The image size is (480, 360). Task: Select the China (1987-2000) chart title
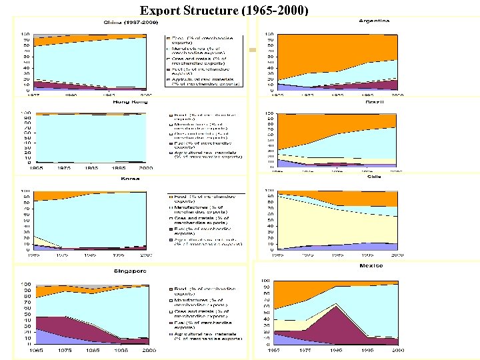click(131, 22)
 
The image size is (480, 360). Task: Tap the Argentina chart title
click(374, 21)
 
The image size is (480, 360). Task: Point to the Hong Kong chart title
click(131, 102)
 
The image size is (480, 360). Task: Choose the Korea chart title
click(129, 179)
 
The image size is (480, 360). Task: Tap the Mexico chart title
click(371, 265)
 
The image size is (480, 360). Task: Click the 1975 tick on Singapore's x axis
click(65, 350)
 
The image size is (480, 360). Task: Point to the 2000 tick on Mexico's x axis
click(397, 350)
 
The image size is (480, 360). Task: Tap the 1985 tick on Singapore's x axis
click(94, 350)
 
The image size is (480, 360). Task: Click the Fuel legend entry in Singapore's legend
click(203, 323)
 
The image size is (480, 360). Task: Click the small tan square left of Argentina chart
click(252, 50)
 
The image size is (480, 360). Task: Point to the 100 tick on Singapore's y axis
click(27, 283)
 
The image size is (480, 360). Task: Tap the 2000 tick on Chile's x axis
click(397, 255)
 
